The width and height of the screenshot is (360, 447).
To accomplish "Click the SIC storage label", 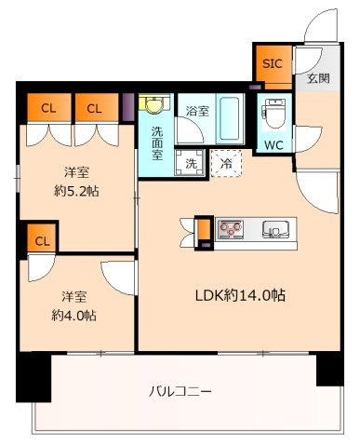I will pyautogui.click(x=272, y=64).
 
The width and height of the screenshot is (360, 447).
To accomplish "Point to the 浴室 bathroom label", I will pyautogui.click(x=196, y=111).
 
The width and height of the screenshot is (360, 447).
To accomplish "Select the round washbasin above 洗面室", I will pyautogui.click(x=152, y=106).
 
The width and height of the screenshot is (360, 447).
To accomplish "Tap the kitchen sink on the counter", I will pyautogui.click(x=275, y=228).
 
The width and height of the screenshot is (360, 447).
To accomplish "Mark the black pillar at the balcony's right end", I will pyautogui.click(x=329, y=370).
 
